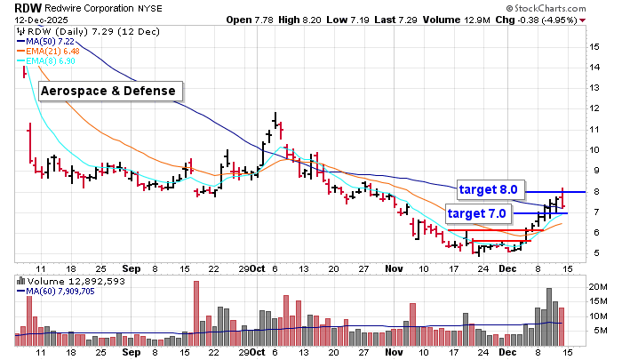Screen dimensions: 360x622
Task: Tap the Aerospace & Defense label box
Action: click(110, 91)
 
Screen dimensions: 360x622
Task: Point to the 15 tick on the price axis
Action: click(591, 45)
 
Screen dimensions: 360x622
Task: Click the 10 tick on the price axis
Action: click(591, 149)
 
